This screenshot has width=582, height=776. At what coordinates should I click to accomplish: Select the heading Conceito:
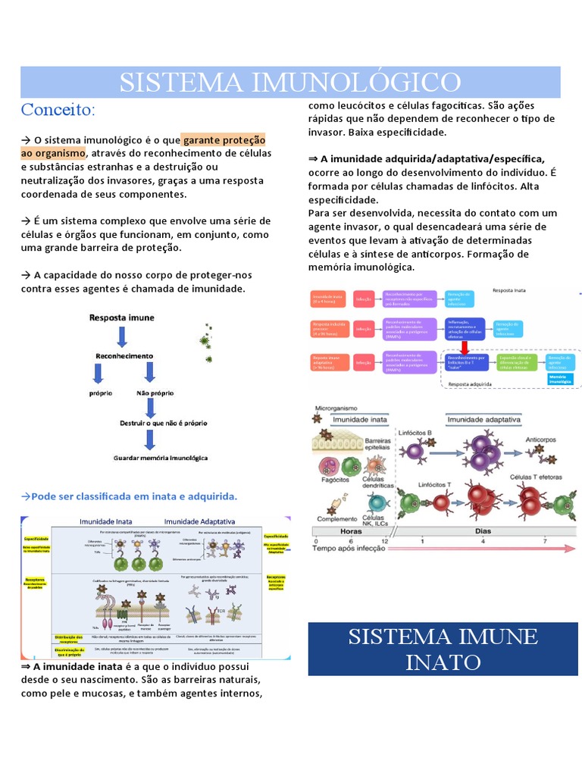click(58, 110)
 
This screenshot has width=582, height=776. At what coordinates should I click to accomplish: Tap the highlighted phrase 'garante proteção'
click(224, 140)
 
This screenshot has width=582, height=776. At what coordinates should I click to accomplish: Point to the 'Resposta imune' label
click(122, 318)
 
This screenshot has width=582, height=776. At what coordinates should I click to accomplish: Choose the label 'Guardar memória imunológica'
click(161, 458)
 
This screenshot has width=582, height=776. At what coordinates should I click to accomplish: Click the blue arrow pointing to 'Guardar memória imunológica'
click(151, 440)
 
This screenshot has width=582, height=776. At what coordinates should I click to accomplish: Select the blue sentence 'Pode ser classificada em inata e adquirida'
click(130, 496)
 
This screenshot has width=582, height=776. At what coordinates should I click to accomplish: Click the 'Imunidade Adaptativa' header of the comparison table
click(200, 521)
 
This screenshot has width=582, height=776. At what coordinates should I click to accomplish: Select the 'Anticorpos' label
click(544, 439)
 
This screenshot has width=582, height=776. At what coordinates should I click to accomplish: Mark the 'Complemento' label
click(336, 519)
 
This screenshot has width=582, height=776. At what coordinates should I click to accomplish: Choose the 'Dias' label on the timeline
click(483, 531)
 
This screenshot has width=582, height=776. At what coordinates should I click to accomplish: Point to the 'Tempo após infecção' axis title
click(355, 549)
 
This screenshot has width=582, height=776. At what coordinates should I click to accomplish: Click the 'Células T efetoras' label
click(533, 477)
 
